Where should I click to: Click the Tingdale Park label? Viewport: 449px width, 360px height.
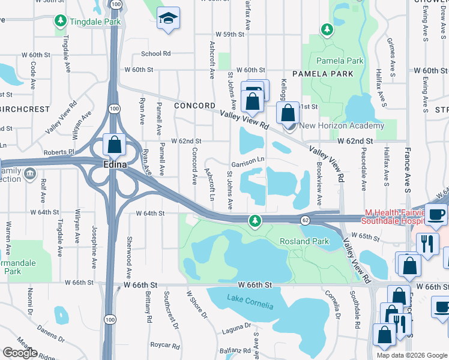click(95, 22)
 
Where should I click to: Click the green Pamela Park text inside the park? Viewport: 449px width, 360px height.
click(340, 61)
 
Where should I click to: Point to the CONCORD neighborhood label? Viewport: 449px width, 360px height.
click(194, 106)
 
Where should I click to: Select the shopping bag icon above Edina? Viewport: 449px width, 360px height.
click(113, 145)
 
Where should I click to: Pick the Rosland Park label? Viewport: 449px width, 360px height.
click(304, 241)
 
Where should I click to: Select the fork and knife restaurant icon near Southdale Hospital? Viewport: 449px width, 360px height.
click(427, 244)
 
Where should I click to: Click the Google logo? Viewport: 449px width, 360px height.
click(20, 353)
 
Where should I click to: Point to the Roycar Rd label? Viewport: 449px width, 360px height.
click(165, 346)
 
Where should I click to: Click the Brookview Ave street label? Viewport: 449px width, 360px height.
click(319, 185)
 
